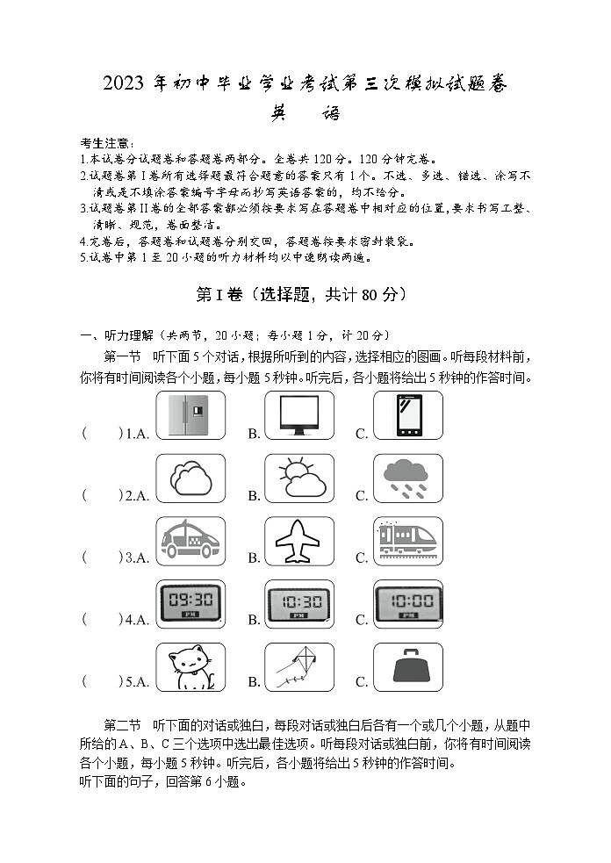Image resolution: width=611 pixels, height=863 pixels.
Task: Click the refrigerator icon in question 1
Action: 190,414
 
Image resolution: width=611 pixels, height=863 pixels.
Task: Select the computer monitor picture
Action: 298,414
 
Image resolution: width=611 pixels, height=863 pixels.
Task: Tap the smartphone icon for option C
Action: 407,414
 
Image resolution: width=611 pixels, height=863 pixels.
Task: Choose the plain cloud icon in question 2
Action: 190,478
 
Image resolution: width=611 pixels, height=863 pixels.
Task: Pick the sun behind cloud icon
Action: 298,478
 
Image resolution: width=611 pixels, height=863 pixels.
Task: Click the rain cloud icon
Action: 407,478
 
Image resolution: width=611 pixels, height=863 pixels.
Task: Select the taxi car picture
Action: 190,541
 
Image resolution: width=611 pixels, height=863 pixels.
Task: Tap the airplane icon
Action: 298,541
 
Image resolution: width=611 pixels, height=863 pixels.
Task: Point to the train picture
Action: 407,541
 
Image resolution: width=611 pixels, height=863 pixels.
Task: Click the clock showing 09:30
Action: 190,603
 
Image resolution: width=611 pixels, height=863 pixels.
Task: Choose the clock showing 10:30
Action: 298,604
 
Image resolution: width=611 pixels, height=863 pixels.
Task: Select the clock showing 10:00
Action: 407,603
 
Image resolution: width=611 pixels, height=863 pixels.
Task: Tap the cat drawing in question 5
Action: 190,667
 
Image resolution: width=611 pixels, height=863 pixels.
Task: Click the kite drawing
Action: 298,667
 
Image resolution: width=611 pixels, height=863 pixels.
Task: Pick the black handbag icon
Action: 407,667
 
